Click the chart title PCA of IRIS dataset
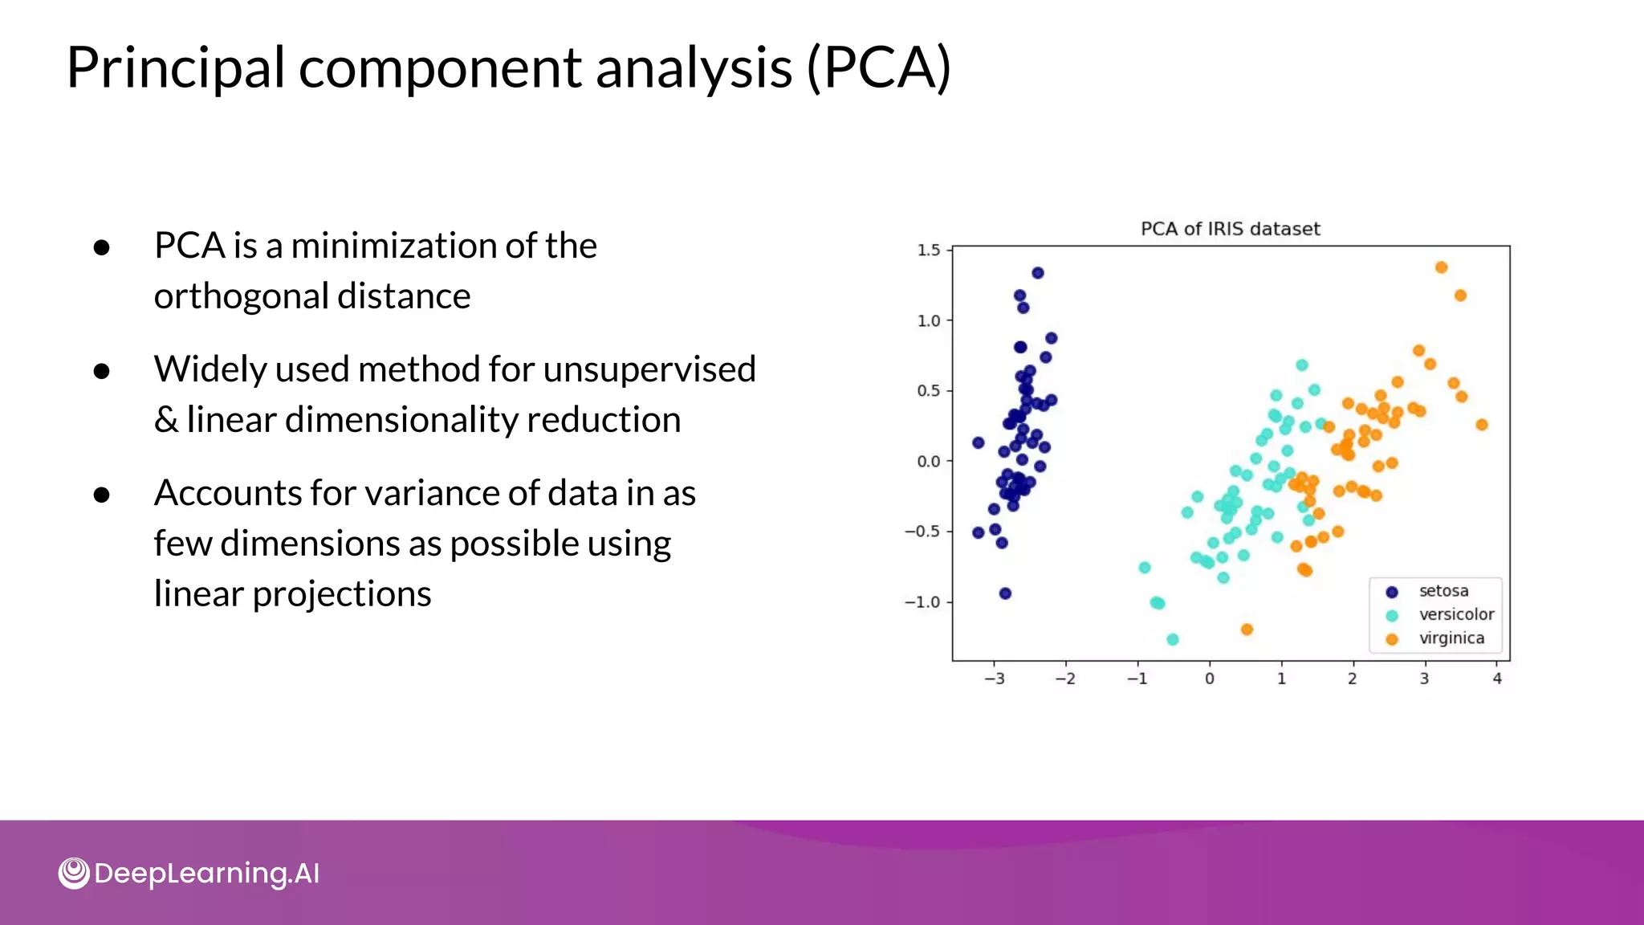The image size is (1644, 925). pyautogui.click(x=1230, y=229)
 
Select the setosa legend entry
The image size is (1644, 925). pyautogui.click(x=1443, y=591)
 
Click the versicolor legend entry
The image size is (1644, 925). pyautogui.click(x=1455, y=614)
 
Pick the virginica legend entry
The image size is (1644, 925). pyautogui.click(x=1451, y=638)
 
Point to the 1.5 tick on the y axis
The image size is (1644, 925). pyautogui.click(x=929, y=251)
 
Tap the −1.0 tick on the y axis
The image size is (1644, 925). pyautogui.click(x=922, y=602)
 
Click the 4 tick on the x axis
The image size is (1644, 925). pyautogui.click(x=1496, y=678)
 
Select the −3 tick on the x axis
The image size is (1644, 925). pyautogui.click(x=994, y=678)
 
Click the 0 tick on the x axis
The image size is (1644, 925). pyautogui.click(x=1209, y=678)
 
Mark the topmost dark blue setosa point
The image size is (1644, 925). pyautogui.click(x=1037, y=273)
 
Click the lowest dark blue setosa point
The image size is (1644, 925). pyautogui.click(x=1005, y=593)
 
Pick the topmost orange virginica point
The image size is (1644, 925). pyautogui.click(x=1441, y=267)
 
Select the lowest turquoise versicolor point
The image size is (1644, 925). pyautogui.click(x=1172, y=639)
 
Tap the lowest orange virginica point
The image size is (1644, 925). pyautogui.click(x=1247, y=630)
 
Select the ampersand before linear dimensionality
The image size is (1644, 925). pyautogui.click(x=166, y=420)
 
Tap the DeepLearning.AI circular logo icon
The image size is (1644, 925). pyautogui.click(x=74, y=873)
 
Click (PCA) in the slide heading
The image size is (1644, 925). pyautogui.click(x=878, y=67)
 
